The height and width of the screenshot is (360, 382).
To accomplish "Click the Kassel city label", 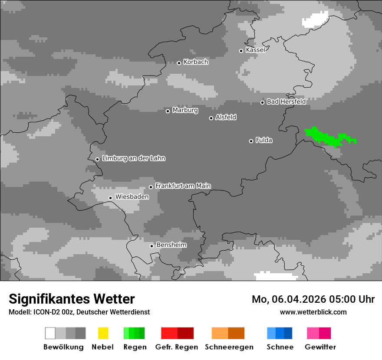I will pyautogui.click(x=255, y=50).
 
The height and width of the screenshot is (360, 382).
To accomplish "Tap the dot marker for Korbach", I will pyautogui.click(x=179, y=63).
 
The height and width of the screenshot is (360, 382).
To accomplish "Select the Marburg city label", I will pyautogui.click(x=185, y=110).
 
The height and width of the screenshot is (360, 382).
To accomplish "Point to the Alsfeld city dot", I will pyautogui.click(x=211, y=118).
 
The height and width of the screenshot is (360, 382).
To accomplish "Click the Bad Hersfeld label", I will pyautogui.click(x=286, y=101).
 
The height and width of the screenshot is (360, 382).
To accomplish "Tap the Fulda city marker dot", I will pyautogui.click(x=251, y=141).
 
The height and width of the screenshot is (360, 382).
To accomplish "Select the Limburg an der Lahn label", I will pyautogui.click(x=134, y=158).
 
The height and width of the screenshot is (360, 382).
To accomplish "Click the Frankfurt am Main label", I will pyautogui.click(x=183, y=186).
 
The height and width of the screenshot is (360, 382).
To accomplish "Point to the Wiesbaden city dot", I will pyautogui.click(x=111, y=198).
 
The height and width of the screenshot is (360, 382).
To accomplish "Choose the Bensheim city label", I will pyautogui.click(x=171, y=245).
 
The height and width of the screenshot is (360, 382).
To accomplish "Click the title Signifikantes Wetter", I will pyautogui.click(x=72, y=299).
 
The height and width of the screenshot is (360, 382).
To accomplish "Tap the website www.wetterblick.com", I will pyautogui.click(x=313, y=312).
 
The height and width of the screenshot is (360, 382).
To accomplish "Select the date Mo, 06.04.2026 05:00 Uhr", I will pyautogui.click(x=313, y=299).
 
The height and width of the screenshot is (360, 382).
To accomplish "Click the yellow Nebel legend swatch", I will pyautogui.click(x=103, y=333).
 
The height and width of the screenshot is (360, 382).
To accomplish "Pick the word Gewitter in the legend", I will pyautogui.click(x=320, y=347).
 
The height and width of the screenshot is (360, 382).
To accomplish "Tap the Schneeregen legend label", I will pyautogui.click(x=228, y=347).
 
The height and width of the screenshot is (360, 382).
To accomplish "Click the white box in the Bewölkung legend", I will pyautogui.click(x=50, y=333).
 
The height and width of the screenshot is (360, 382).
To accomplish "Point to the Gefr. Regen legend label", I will pyautogui.click(x=177, y=347).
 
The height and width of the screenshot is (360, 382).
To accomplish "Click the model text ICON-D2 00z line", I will pyautogui.click(x=79, y=312).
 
